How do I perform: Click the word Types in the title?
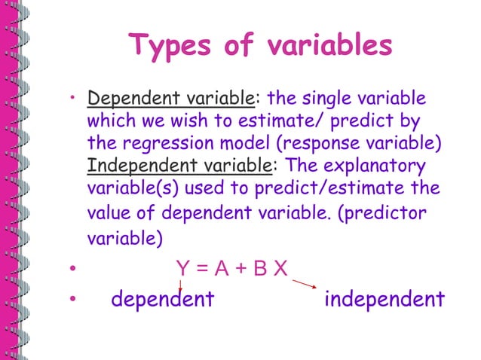click(x=170, y=46)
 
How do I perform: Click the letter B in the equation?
click(x=260, y=267)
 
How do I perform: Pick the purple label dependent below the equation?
click(x=163, y=300)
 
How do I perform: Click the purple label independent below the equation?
click(x=384, y=300)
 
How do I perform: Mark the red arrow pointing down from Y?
click(x=181, y=285)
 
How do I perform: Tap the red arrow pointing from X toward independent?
click(x=304, y=284)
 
